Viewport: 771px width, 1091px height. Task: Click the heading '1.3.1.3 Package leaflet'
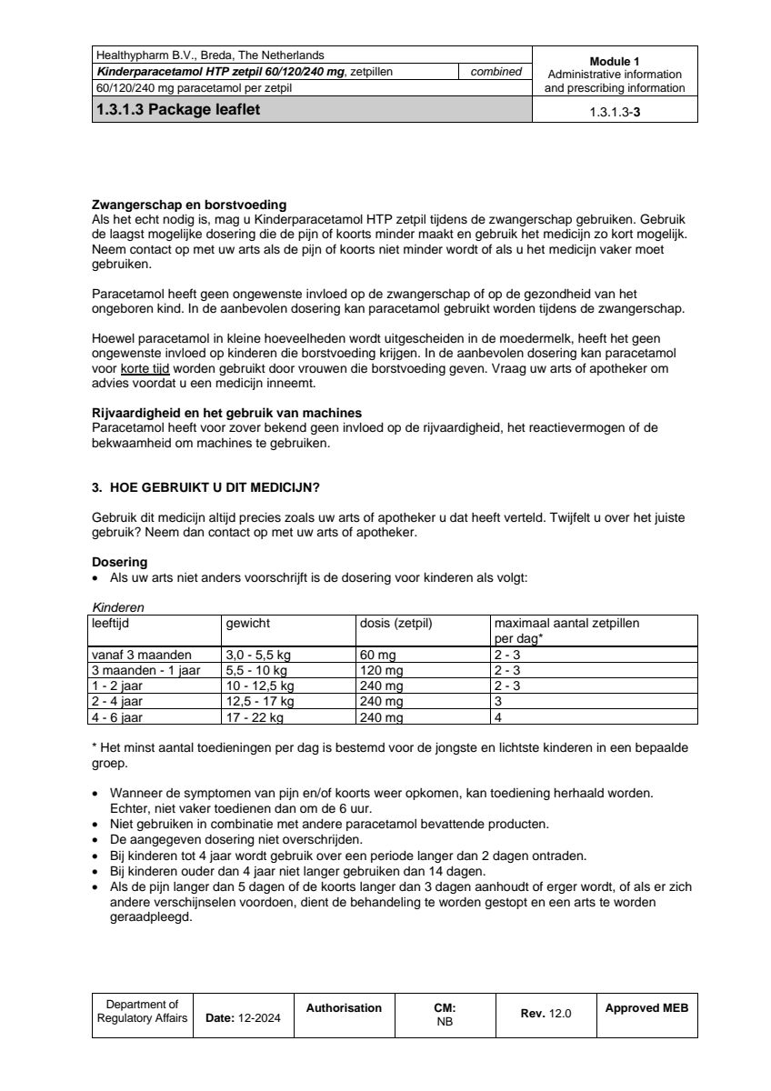[183, 111]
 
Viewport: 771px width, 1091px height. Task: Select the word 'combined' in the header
[496, 72]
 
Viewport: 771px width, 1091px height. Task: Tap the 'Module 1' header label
[615, 61]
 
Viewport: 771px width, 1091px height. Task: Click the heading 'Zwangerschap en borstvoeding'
[189, 205]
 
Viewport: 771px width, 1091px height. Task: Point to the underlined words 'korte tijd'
[145, 368]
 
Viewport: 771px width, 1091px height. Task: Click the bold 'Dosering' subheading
[119, 562]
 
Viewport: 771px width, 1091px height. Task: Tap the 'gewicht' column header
[248, 624]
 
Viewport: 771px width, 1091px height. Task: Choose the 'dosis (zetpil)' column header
[396, 624]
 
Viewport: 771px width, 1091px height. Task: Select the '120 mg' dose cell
[385, 670]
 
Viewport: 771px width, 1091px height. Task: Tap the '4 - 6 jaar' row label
[118, 717]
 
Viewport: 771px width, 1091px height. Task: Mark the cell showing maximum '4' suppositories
[497, 717]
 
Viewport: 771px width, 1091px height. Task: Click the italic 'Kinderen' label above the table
[118, 606]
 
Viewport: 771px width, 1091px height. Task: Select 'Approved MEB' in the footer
[646, 1008]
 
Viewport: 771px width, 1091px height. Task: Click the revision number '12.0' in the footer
[560, 1014]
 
